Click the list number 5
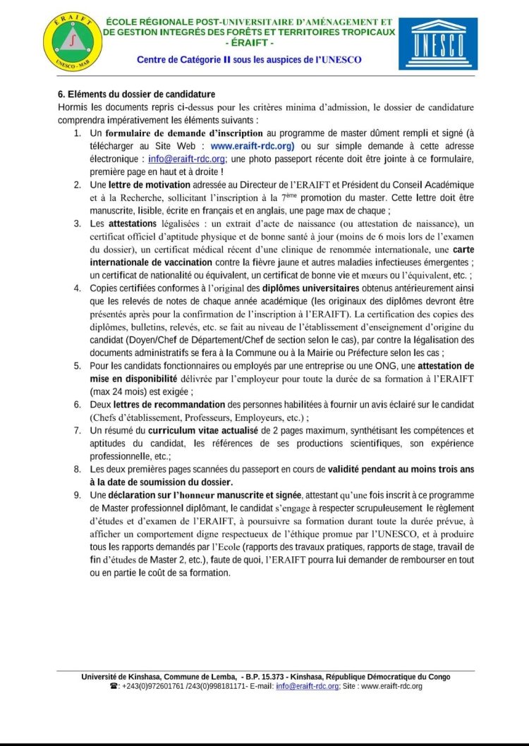[x=77, y=366]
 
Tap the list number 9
[x=77, y=496]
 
